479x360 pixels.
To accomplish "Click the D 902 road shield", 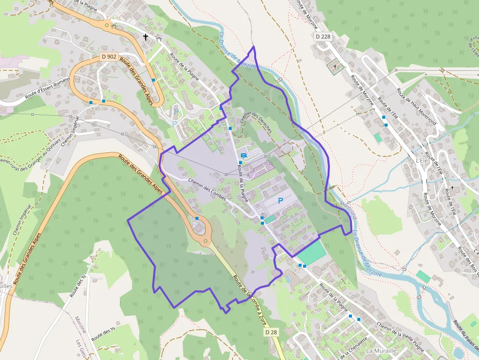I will pyautogui.click(x=109, y=57).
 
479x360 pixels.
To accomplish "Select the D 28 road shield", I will pyautogui.click(x=271, y=332).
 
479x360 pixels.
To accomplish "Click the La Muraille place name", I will pyautogui.click(x=381, y=351).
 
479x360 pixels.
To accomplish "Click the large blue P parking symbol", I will pyautogui.click(x=281, y=200).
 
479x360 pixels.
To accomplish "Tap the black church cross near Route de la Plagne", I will pyautogui.click(x=145, y=37).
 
